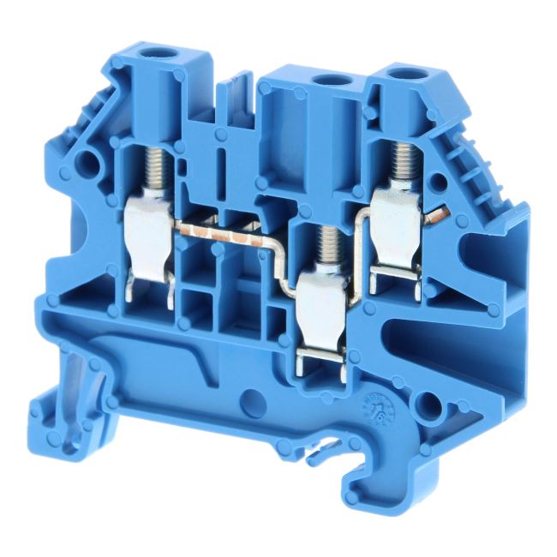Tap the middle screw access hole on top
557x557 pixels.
(x=326, y=81)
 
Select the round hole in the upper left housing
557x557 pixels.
(x=83, y=163)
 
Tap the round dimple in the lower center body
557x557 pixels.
(x=251, y=397)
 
